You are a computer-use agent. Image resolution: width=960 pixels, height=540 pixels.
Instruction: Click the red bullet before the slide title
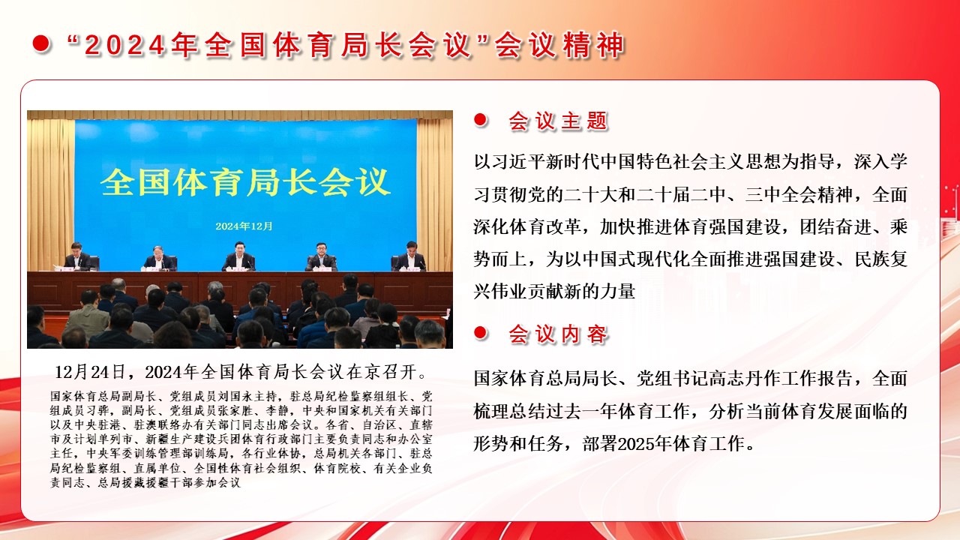41,44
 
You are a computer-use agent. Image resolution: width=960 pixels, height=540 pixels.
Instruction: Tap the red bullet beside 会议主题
481,120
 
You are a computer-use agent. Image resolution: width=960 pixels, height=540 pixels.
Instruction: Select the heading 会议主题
558,121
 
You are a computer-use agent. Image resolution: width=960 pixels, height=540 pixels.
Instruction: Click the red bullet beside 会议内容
481,333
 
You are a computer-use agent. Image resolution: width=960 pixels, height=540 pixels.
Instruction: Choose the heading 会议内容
558,334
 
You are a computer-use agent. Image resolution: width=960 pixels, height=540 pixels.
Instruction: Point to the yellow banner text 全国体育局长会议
245,182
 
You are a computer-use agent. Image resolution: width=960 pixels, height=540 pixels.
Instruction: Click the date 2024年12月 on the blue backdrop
244,226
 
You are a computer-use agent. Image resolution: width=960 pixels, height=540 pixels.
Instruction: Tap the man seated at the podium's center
238,256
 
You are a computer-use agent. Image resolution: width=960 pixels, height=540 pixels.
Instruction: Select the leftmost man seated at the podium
76,256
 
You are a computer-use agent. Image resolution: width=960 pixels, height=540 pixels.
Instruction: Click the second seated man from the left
159,258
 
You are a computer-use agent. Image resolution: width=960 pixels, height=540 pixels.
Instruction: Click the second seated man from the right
322,256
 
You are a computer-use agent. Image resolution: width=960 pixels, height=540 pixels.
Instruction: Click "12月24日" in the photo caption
90,372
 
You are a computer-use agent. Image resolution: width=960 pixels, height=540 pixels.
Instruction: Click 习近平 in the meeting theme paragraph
519,161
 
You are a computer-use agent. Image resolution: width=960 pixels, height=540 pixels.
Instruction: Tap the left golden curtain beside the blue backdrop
51,193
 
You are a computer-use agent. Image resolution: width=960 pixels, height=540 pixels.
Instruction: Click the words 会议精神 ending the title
559,44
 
